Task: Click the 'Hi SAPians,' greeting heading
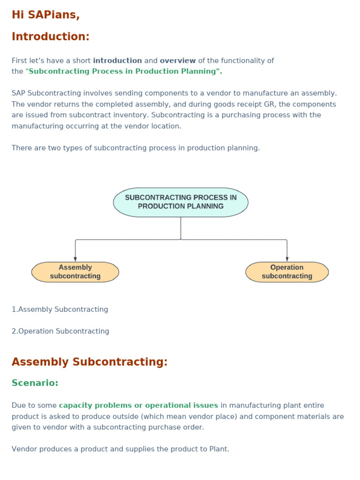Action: (45, 15)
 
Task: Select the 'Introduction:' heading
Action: (50, 37)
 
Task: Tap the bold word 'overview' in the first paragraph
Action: (178, 60)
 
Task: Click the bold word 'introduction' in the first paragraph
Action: (117, 60)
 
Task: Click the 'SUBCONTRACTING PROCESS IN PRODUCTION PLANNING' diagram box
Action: (180, 202)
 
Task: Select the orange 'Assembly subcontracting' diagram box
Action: (75, 272)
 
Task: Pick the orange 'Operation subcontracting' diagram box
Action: (287, 272)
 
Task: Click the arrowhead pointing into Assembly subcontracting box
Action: (75, 259)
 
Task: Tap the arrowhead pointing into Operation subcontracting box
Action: (287, 259)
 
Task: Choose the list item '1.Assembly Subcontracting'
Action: (60, 309)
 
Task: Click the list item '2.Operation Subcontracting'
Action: (60, 331)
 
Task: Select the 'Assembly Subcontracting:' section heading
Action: (89, 362)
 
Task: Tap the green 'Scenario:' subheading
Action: (35, 383)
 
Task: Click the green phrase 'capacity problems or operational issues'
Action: (138, 405)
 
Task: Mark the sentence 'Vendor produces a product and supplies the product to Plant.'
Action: (120, 449)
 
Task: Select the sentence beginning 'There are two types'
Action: (135, 148)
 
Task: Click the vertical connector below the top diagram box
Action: (180, 228)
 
